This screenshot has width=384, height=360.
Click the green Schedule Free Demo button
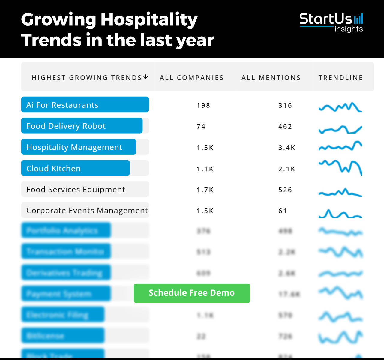tap(192, 293)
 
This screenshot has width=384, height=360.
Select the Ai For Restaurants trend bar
tap(85, 105)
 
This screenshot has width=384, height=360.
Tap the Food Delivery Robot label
tap(66, 126)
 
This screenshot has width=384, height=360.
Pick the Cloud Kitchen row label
tap(53, 168)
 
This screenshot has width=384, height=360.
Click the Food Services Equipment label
tap(76, 190)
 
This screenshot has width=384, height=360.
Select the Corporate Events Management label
tap(87, 211)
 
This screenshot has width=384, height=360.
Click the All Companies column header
tap(191, 78)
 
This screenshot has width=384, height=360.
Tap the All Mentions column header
tap(271, 78)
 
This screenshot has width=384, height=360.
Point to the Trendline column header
tap(340, 78)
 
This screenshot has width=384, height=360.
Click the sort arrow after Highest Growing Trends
tap(146, 77)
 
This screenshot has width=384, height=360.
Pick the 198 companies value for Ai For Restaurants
tap(203, 105)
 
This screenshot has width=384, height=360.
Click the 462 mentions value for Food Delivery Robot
tap(285, 126)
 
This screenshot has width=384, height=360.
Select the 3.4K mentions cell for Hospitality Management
tap(286, 148)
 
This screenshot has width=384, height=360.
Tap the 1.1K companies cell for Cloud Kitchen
tap(205, 169)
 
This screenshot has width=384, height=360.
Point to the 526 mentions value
tap(285, 190)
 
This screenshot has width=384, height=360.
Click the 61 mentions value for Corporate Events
tap(282, 211)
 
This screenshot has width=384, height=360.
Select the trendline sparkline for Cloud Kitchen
tap(340, 167)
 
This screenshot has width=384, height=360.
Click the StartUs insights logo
tap(331, 22)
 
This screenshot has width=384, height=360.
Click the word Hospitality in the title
tap(149, 20)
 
